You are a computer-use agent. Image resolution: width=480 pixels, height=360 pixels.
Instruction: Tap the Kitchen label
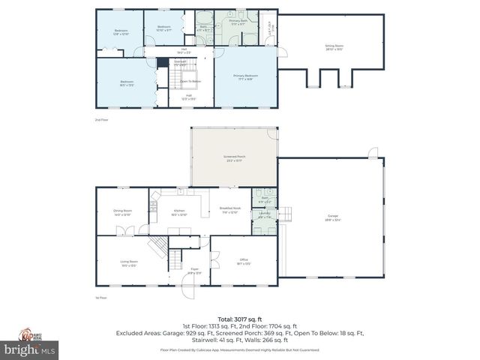pyautogui.click(x=179, y=212)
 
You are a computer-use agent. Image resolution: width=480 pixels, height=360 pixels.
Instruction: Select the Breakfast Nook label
pyautogui.click(x=229, y=210)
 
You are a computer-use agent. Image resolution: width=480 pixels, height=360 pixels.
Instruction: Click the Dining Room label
pyautogui.click(x=122, y=212)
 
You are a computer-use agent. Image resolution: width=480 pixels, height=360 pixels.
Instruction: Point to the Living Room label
pyautogui.click(x=129, y=263)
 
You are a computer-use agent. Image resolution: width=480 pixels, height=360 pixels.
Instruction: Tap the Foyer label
pyautogui.click(x=193, y=270)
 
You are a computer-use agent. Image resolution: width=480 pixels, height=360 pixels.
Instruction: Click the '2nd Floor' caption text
pyautogui.click(x=100, y=119)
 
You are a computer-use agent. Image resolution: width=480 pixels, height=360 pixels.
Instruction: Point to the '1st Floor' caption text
pyautogui.click(x=100, y=298)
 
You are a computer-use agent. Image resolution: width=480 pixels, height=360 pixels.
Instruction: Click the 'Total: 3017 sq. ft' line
pyautogui.click(x=240, y=319)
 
